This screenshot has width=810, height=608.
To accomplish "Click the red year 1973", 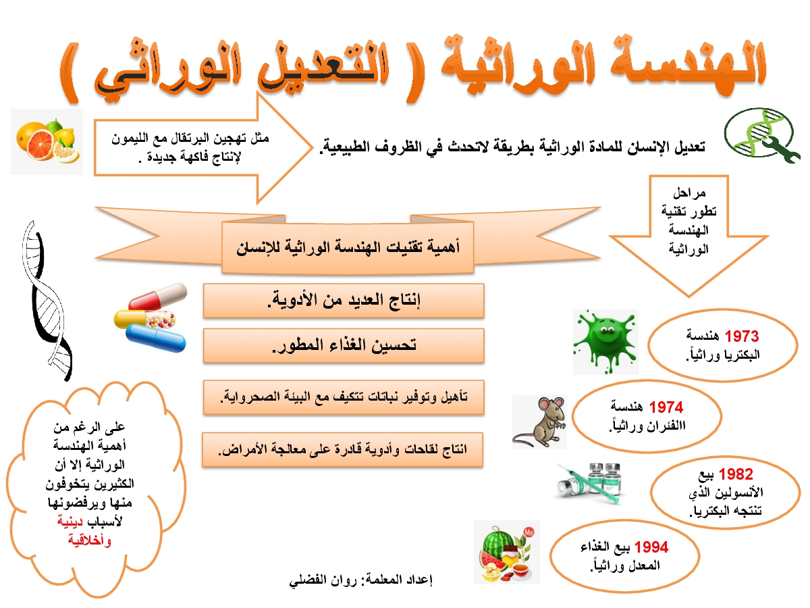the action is (x=742, y=336).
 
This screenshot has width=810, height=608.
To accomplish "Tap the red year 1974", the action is (x=666, y=407).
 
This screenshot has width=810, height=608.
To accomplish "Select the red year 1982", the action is (x=736, y=474).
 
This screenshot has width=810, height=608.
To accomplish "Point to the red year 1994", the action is (x=651, y=547).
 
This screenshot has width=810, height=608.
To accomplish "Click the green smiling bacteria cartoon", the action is (x=605, y=342).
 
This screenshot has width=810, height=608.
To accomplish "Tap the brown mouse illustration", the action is (x=539, y=422).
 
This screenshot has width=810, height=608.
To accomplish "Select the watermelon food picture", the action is (x=507, y=552).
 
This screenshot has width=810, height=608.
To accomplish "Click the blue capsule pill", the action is (x=156, y=338).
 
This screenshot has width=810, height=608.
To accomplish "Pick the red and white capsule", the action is (x=158, y=297).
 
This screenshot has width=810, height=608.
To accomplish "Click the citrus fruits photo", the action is (x=47, y=142).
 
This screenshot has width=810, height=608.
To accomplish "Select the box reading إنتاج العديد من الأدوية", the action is (x=344, y=301).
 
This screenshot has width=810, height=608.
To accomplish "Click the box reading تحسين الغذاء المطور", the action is (x=344, y=346).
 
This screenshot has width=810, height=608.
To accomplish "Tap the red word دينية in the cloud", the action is (x=70, y=522).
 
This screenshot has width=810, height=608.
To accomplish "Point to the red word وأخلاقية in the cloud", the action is (x=90, y=541).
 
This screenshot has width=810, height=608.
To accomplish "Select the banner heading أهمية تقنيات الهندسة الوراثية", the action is (x=348, y=247).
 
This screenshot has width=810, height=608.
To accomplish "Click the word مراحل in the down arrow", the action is (x=689, y=193).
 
